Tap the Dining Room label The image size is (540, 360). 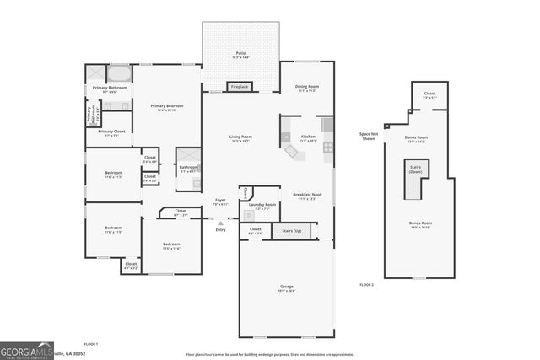pyautogui.click(x=306, y=88)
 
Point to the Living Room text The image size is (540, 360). pyautogui.click(x=241, y=138)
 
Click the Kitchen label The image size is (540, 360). pyautogui.click(x=308, y=138)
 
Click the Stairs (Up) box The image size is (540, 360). pyautogui.click(x=292, y=229)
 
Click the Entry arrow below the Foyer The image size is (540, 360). pyautogui.click(x=220, y=223)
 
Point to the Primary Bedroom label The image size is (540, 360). pyautogui.click(x=167, y=107)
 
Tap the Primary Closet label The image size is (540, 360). pyautogui.click(x=111, y=132)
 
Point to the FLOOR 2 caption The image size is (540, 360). pyautogui.click(x=366, y=286)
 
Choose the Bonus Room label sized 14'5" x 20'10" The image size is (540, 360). pyautogui.click(x=419, y=226)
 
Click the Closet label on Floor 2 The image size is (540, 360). pyautogui.click(x=429, y=95)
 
